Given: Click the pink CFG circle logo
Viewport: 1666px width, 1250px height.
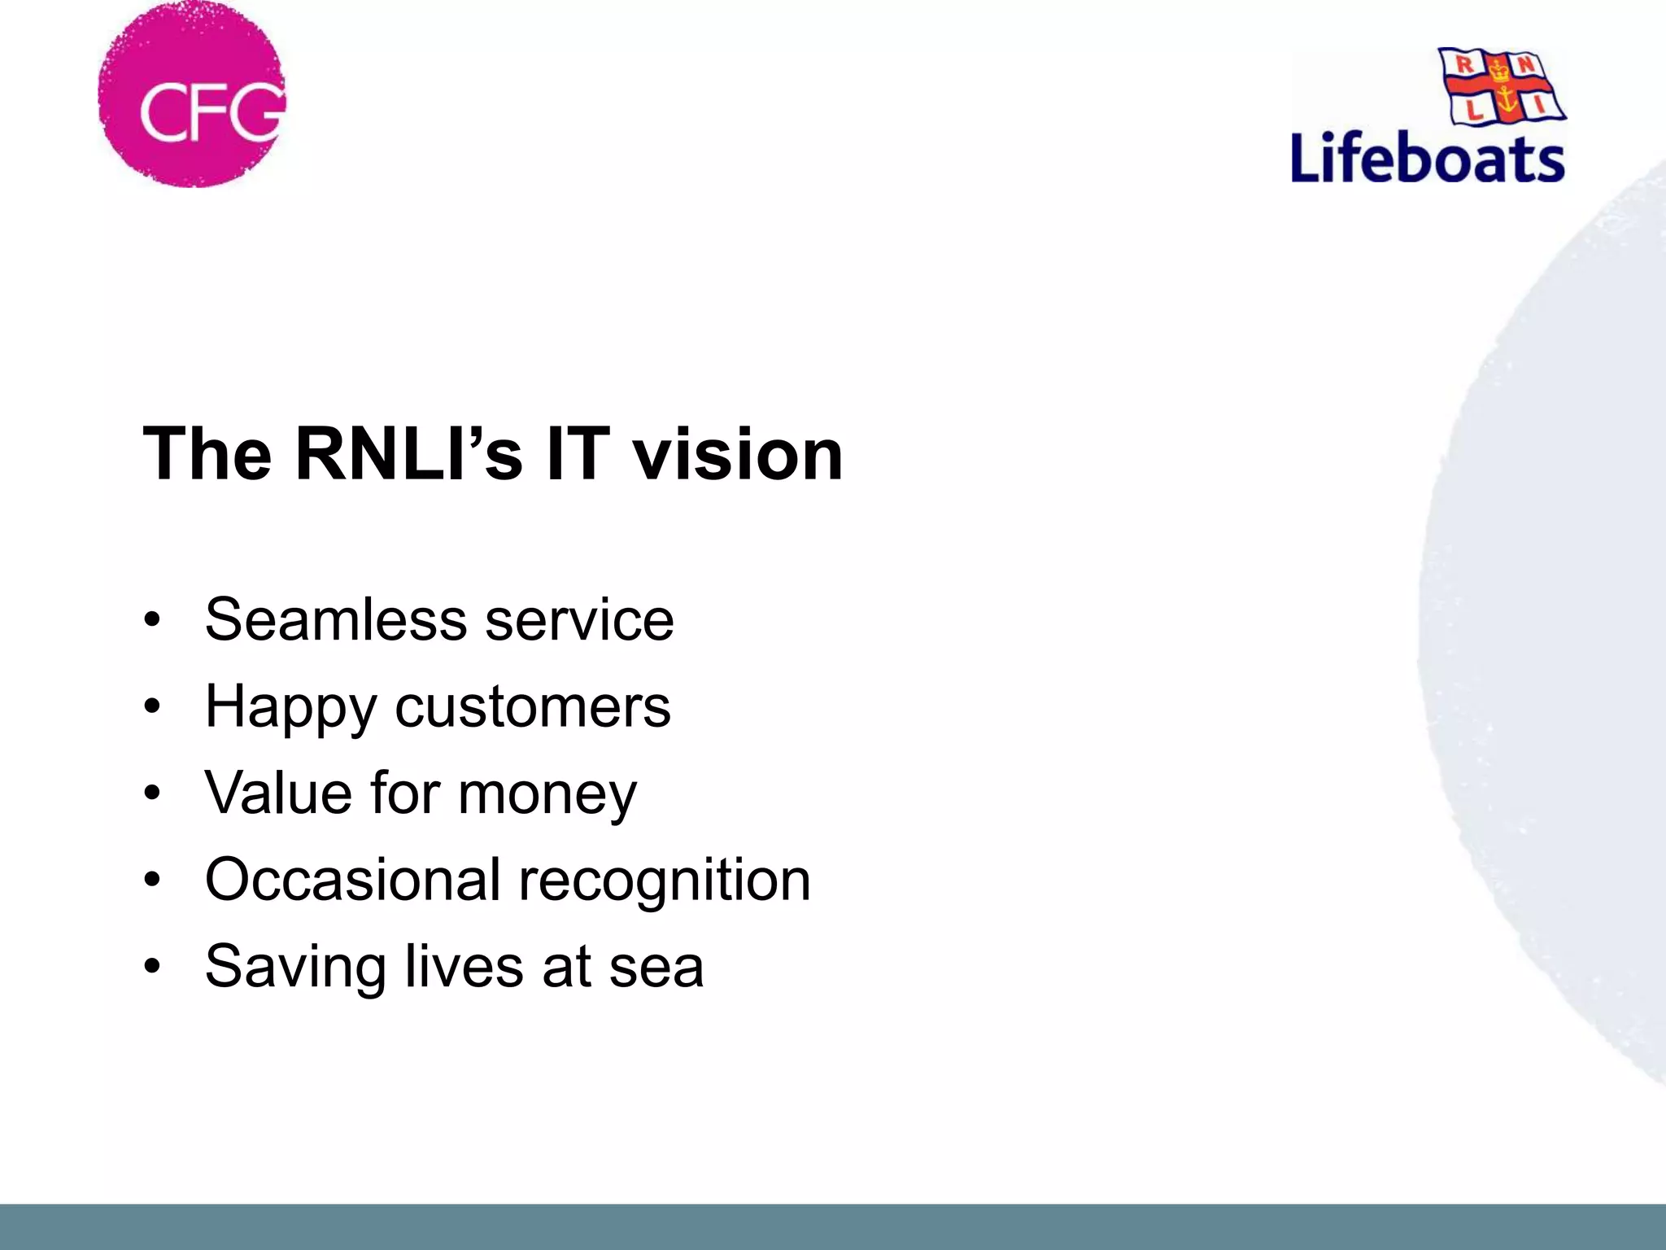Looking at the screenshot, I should point(193,95).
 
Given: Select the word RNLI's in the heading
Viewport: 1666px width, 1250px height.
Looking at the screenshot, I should point(408,454).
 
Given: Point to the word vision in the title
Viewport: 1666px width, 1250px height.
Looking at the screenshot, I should point(738,454).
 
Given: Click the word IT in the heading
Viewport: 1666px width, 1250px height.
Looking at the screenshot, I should point(578,454).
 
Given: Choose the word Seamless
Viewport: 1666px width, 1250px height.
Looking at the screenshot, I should point(336,620).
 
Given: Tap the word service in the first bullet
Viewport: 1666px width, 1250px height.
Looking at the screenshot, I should point(579,620).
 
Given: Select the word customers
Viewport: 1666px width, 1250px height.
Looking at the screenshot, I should point(533,706).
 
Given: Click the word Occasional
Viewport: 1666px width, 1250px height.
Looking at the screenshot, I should point(352,880).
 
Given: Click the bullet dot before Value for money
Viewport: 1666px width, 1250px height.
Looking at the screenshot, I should point(152,794).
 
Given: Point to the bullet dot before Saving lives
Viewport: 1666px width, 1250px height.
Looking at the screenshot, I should point(152,968).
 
